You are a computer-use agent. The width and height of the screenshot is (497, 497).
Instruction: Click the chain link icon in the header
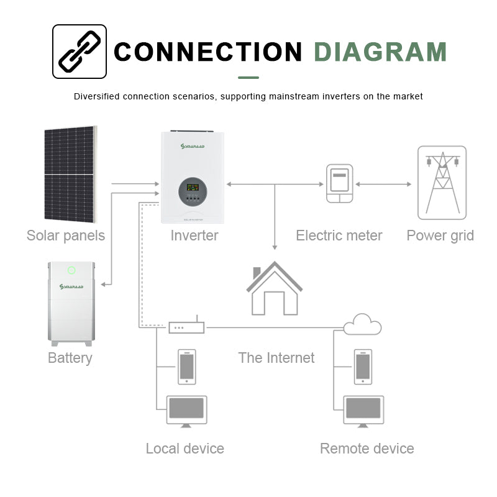click(x=79, y=52)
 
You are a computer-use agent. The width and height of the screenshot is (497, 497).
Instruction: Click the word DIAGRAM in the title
click(x=380, y=52)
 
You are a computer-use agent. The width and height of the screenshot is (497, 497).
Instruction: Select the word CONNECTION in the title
click(x=208, y=52)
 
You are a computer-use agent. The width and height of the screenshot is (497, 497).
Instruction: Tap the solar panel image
click(x=70, y=173)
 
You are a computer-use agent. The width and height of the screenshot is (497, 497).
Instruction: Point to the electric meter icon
click(x=340, y=183)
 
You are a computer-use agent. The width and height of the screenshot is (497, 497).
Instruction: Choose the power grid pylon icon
click(x=442, y=183)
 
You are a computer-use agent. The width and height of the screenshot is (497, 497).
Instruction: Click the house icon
click(x=274, y=288)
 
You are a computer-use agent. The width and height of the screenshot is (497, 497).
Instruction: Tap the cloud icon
click(x=363, y=324)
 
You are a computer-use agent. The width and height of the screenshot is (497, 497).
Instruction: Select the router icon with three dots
click(x=186, y=327)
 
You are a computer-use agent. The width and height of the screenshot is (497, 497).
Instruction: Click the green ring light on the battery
click(x=71, y=270)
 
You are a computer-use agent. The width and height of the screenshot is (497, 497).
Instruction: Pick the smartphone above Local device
click(x=187, y=366)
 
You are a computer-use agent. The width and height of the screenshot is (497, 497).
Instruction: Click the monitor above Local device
click(x=187, y=411)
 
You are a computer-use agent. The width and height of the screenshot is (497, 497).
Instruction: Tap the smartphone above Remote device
click(x=363, y=366)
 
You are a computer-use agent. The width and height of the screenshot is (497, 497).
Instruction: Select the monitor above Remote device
click(x=363, y=411)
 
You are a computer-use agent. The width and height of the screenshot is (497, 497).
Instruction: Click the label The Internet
click(x=276, y=358)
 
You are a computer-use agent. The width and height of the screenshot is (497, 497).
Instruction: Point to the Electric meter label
click(x=339, y=236)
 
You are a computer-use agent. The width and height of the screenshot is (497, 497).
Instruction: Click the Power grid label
click(x=440, y=236)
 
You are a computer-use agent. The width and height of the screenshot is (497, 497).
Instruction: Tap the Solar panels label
click(x=66, y=236)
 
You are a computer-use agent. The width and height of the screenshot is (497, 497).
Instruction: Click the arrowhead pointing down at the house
click(x=275, y=247)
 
